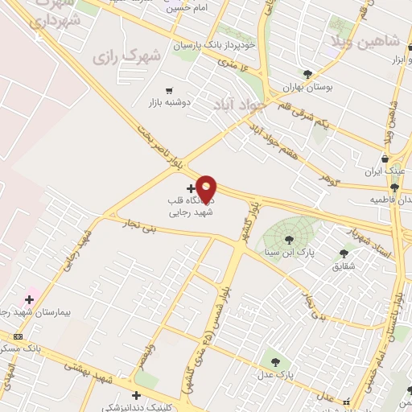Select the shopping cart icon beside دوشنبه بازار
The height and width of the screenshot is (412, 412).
click(168, 90)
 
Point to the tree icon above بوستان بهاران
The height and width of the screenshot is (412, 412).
click(307, 73)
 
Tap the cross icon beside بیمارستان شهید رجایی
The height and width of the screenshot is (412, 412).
click(29, 299)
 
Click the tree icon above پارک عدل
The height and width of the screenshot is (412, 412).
click(276, 362)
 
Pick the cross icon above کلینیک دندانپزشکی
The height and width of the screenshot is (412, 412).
click(136, 395)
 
